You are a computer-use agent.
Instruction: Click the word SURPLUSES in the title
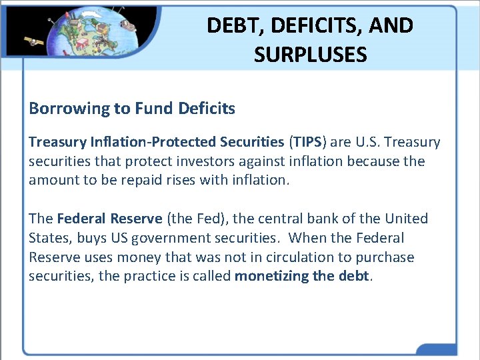(x=310, y=54)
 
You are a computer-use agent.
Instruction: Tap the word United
(x=406, y=219)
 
